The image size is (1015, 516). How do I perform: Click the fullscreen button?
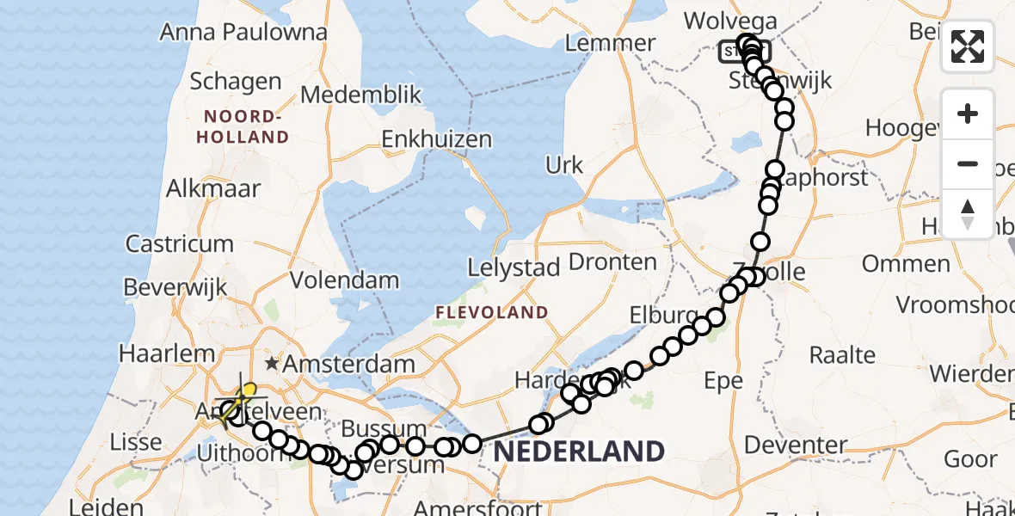968,46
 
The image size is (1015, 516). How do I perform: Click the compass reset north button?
968,213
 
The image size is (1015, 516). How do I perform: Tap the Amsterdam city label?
349,364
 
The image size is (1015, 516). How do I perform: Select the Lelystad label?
514,267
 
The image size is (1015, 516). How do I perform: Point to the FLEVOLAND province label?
492,311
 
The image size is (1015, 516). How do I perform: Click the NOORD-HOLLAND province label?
242,126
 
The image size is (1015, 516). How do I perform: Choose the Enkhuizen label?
436,139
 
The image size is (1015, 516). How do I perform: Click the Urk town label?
564,165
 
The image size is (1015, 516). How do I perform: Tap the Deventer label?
796,445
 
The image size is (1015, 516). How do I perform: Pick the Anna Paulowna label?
243,33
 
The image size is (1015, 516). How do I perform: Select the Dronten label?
613,261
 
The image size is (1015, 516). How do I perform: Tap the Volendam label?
344,280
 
